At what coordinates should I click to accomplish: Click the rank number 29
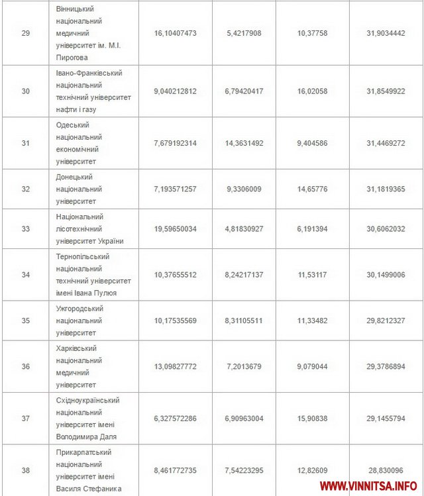[25, 32]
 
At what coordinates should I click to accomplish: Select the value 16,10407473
[176, 32]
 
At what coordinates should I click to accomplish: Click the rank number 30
[25, 91]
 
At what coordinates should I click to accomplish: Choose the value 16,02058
[312, 91]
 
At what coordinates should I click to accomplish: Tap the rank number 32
[25, 189]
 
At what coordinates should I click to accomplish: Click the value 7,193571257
[176, 189]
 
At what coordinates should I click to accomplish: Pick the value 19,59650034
[176, 228]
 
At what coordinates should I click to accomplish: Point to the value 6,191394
[312, 228]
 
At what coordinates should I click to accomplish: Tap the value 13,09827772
[176, 366]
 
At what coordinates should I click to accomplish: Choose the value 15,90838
[312, 419]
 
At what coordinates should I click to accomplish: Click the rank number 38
[25, 471]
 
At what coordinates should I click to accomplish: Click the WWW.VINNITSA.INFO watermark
[368, 486]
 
